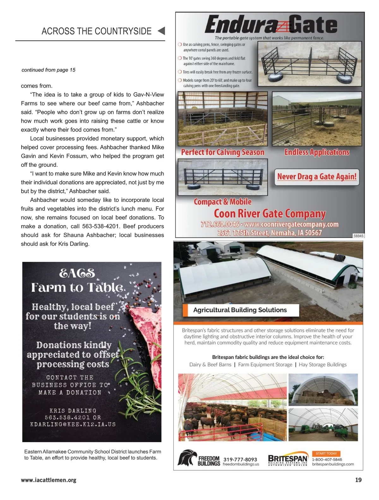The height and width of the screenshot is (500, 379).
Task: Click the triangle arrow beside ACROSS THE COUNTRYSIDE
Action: tap(161, 31)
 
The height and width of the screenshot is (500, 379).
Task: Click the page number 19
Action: tap(358, 480)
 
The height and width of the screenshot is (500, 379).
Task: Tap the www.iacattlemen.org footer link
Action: tap(49, 480)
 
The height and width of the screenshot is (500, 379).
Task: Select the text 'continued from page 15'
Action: tap(48, 70)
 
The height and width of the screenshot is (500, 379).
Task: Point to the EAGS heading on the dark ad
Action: tap(77, 273)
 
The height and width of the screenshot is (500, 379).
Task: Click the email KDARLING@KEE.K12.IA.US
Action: tap(73, 424)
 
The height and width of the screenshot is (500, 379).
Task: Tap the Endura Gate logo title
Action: tap(271, 25)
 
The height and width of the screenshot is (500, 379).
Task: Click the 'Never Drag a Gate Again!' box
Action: tap(317, 176)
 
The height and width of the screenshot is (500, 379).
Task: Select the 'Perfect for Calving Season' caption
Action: tap(222, 152)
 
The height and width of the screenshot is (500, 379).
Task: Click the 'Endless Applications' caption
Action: tap(317, 152)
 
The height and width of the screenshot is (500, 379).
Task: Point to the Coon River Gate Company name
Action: tap(270, 214)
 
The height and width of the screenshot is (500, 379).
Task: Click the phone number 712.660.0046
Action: tap(220, 224)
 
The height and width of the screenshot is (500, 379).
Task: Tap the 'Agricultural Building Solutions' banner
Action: tap(240, 310)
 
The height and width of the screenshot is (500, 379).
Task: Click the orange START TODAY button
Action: tap(326, 453)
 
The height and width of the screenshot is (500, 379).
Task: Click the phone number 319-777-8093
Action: tap(240, 459)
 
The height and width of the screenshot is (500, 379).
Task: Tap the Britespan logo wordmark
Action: tap(288, 459)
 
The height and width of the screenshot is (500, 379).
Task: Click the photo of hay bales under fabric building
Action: tap(323, 389)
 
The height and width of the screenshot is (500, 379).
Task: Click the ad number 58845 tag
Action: tap(358, 235)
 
